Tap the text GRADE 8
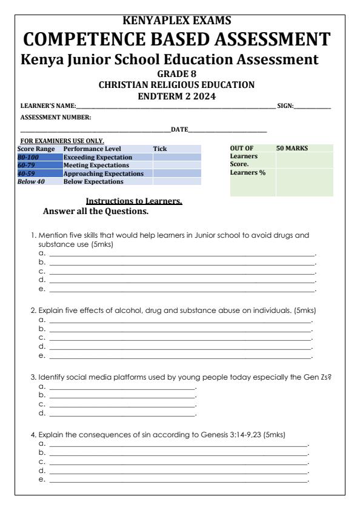point(180,75)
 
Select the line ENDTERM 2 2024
point(179,95)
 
